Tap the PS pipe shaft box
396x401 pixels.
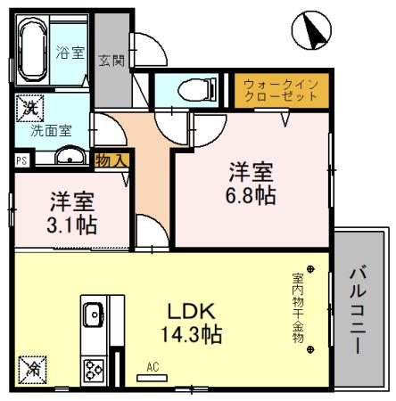point(21,161)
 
